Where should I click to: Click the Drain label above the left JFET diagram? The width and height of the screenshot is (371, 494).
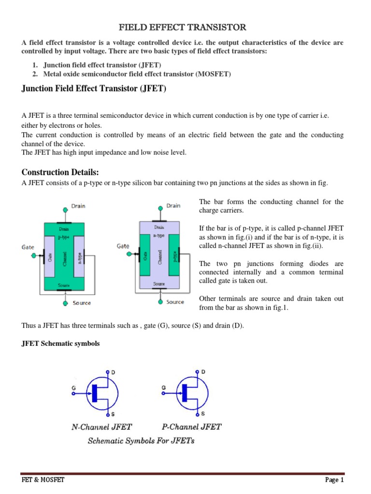(78, 206)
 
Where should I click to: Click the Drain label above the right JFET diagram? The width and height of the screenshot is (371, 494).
(173, 206)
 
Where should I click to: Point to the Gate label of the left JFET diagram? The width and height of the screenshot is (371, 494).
(28, 247)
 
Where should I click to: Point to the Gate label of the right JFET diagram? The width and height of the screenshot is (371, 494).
(123, 246)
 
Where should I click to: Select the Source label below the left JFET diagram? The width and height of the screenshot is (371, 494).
(82, 303)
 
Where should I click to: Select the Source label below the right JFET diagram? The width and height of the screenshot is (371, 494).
(175, 302)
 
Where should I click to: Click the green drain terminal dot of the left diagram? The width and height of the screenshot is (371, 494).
(65, 210)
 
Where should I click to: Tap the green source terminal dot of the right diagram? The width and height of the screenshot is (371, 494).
(160, 302)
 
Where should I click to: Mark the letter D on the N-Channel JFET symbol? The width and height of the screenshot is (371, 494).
(113, 372)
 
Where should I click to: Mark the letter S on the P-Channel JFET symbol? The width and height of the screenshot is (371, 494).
(203, 413)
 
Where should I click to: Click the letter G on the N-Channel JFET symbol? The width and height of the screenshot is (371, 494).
(74, 387)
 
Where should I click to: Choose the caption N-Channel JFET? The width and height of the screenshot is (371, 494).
(102, 426)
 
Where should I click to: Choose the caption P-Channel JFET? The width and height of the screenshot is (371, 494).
(191, 426)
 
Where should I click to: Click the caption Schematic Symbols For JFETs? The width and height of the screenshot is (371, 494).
(141, 441)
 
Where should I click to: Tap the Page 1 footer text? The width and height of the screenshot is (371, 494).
(334, 480)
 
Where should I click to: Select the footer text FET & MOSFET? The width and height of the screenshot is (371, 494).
(43, 480)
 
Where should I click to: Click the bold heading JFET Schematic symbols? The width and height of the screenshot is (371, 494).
(60, 343)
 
